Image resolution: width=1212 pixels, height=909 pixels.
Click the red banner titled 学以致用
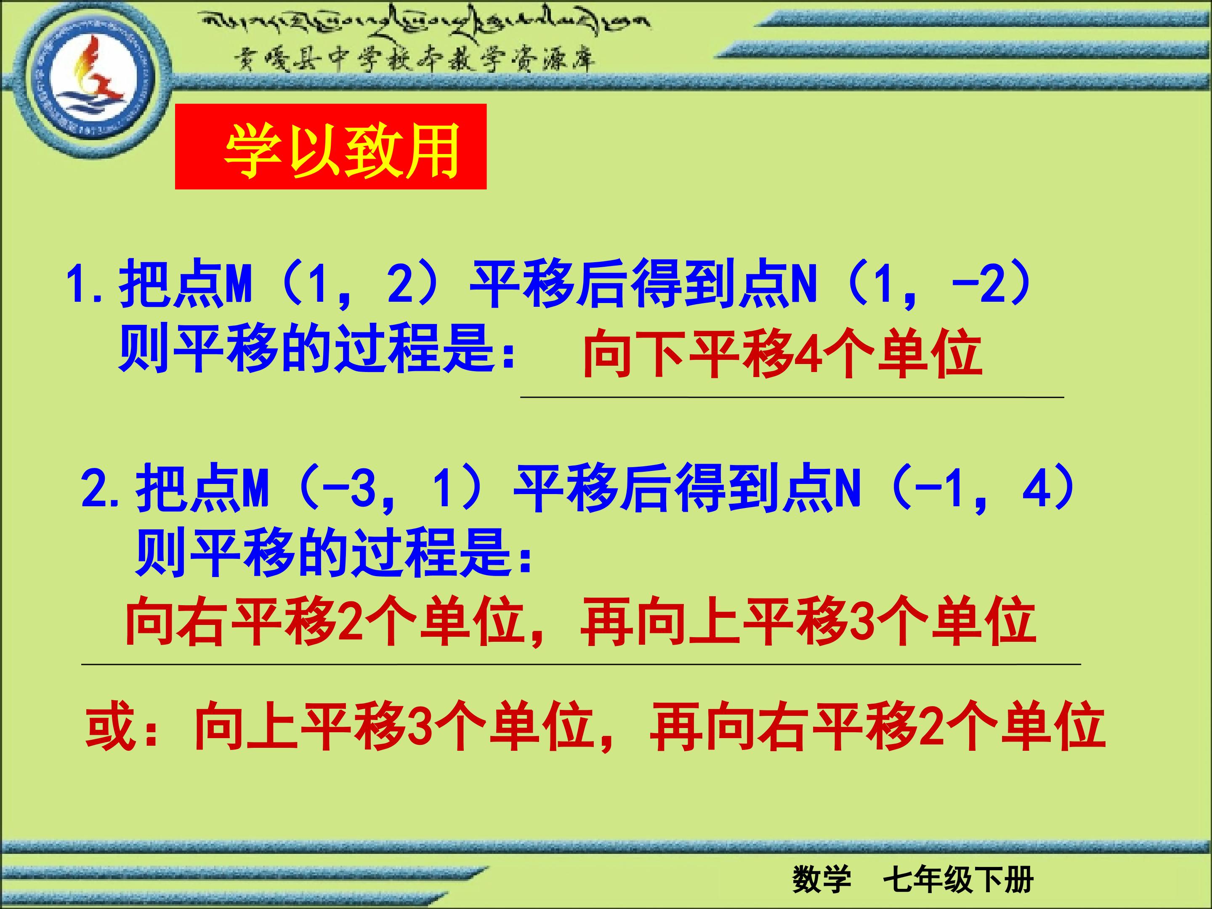pos(330,147)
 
